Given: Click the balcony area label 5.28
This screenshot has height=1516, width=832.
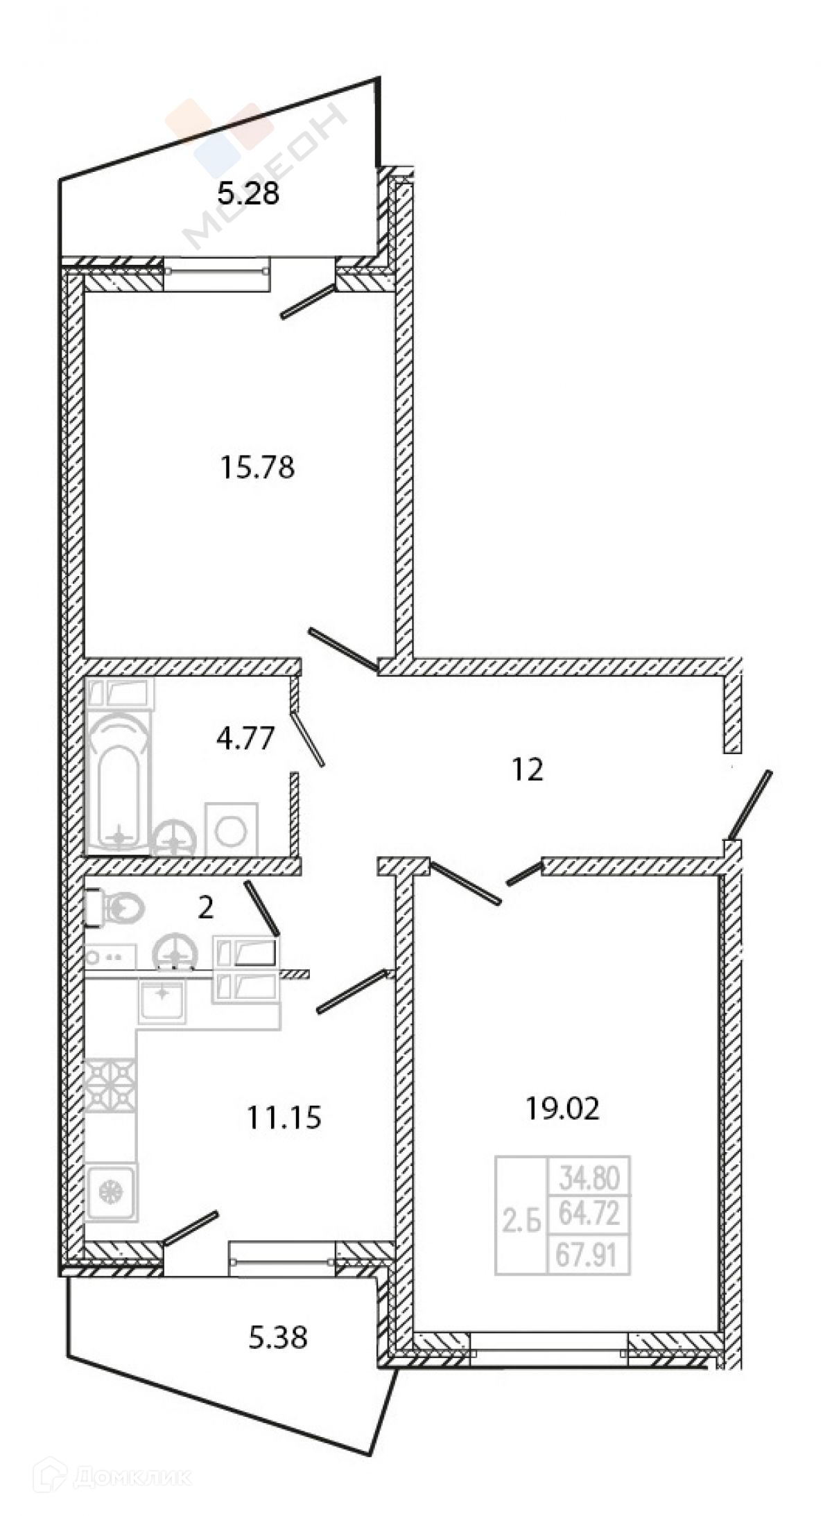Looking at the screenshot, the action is coord(248,194).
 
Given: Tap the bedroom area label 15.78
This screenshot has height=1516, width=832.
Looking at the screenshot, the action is coord(257,468).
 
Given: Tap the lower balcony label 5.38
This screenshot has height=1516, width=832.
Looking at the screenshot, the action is coord(277,1338).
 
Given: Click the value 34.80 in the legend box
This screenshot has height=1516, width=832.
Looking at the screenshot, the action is coord(589,1176).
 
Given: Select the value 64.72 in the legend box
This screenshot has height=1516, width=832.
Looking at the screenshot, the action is coord(589,1214).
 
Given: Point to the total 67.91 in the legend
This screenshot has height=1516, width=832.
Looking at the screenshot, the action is coord(589,1254).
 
